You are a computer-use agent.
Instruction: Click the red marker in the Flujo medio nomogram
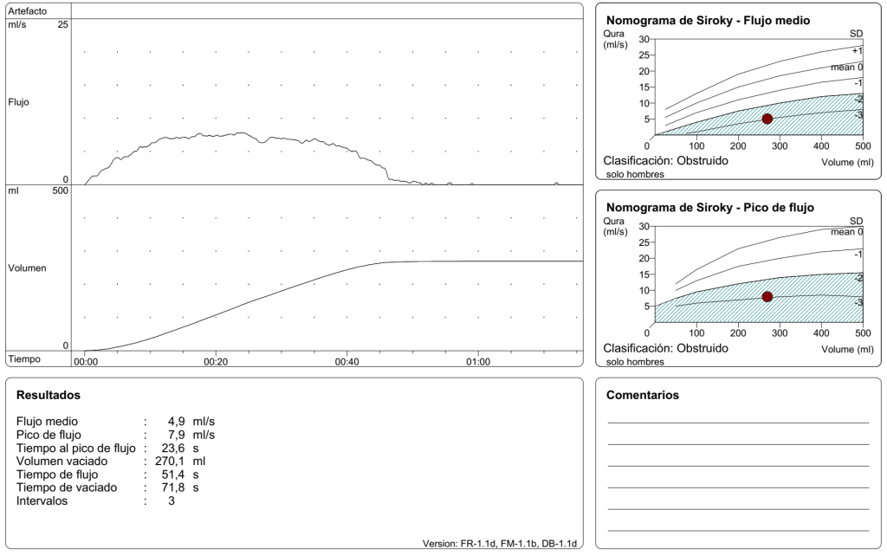[767, 119]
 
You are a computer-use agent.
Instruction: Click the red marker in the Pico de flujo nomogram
[767, 297]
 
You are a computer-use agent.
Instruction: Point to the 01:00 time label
[478, 361]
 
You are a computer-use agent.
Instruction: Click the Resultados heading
[49, 395]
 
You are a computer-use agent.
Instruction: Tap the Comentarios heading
[643, 395]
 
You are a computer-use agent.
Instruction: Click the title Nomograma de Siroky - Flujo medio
[708, 21]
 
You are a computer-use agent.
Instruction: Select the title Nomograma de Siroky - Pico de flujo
[710, 208]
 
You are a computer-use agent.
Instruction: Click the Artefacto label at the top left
[28, 10]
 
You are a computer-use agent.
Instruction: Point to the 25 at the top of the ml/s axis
[62, 25]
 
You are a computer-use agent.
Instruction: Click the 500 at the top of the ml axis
[59, 191]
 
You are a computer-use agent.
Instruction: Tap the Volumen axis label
[27, 268]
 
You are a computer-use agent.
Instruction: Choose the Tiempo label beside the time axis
[24, 358]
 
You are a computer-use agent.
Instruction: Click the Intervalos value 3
[172, 500]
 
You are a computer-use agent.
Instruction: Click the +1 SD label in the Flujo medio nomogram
[857, 51]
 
